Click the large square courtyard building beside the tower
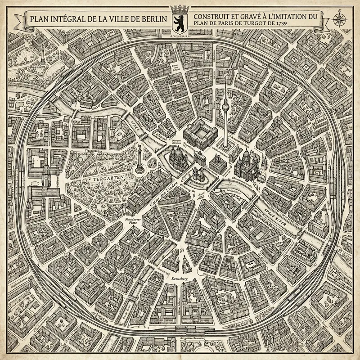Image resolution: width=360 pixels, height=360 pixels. (x=200, y=134)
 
